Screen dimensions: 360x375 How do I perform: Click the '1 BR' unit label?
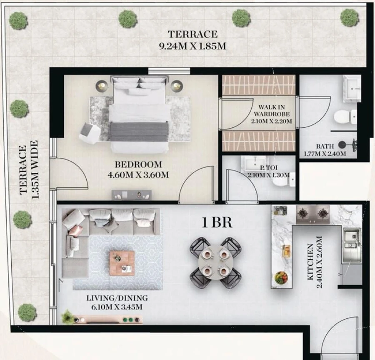[x=217, y=222]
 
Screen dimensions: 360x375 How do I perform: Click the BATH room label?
[x=325, y=146]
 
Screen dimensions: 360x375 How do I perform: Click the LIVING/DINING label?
[x=117, y=298]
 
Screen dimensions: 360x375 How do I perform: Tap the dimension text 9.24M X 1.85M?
[x=192, y=46]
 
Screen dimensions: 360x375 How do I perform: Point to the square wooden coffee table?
[x=122, y=263]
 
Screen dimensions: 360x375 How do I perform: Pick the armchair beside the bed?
[x=90, y=132]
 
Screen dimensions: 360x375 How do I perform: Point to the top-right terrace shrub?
[x=349, y=17]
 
